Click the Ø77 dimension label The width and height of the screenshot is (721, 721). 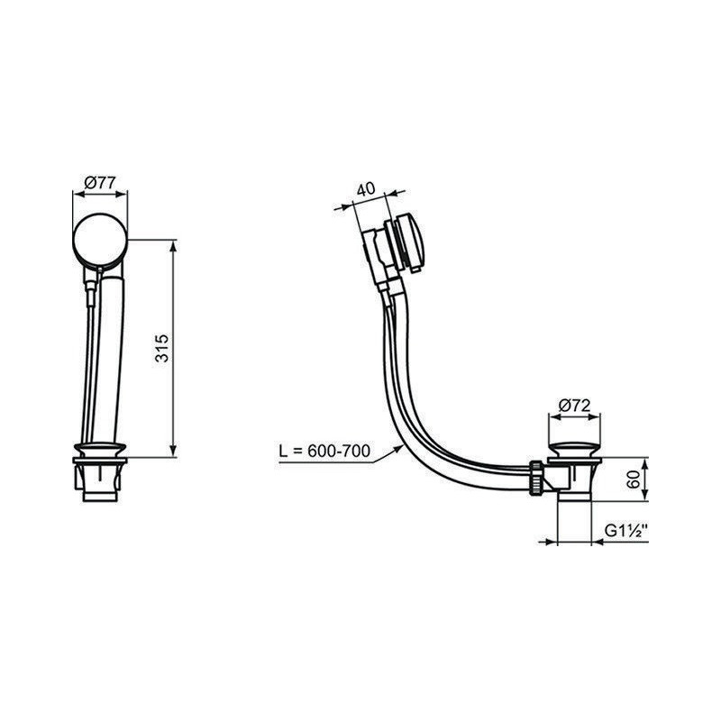tap(100, 183)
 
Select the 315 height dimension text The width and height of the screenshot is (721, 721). tap(162, 348)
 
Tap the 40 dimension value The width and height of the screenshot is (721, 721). tap(366, 189)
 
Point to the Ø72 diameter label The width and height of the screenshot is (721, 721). tap(574, 406)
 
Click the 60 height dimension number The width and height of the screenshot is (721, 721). tap(634, 479)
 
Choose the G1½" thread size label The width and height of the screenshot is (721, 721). tap(625, 531)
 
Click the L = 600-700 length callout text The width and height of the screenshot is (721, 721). tap(324, 451)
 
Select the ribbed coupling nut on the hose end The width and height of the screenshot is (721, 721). tap(535, 479)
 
